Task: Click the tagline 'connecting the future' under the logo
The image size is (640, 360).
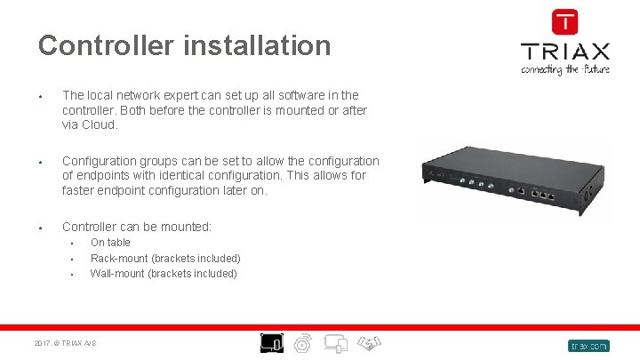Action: click(564, 68)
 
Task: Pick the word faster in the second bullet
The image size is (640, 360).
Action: click(84, 190)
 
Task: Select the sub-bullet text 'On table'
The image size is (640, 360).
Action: click(110, 242)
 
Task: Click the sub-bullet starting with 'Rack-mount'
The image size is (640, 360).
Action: click(165, 258)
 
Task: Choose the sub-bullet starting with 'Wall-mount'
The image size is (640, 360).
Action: click(164, 273)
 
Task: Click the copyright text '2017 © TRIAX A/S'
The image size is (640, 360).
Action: click(65, 343)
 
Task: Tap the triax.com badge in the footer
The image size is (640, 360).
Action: click(588, 345)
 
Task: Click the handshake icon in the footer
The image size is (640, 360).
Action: click(371, 342)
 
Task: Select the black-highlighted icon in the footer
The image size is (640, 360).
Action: click(271, 342)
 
